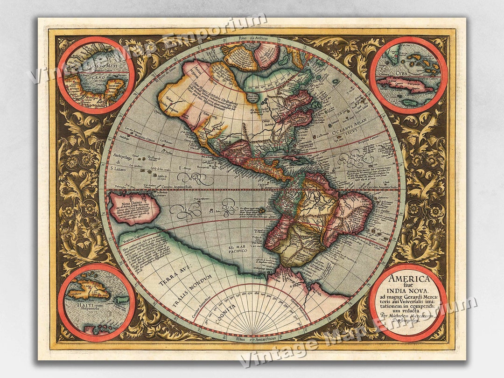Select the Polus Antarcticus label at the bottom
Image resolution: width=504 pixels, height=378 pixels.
point(252,338)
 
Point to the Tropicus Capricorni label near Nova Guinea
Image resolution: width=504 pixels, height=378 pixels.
point(133,236)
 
